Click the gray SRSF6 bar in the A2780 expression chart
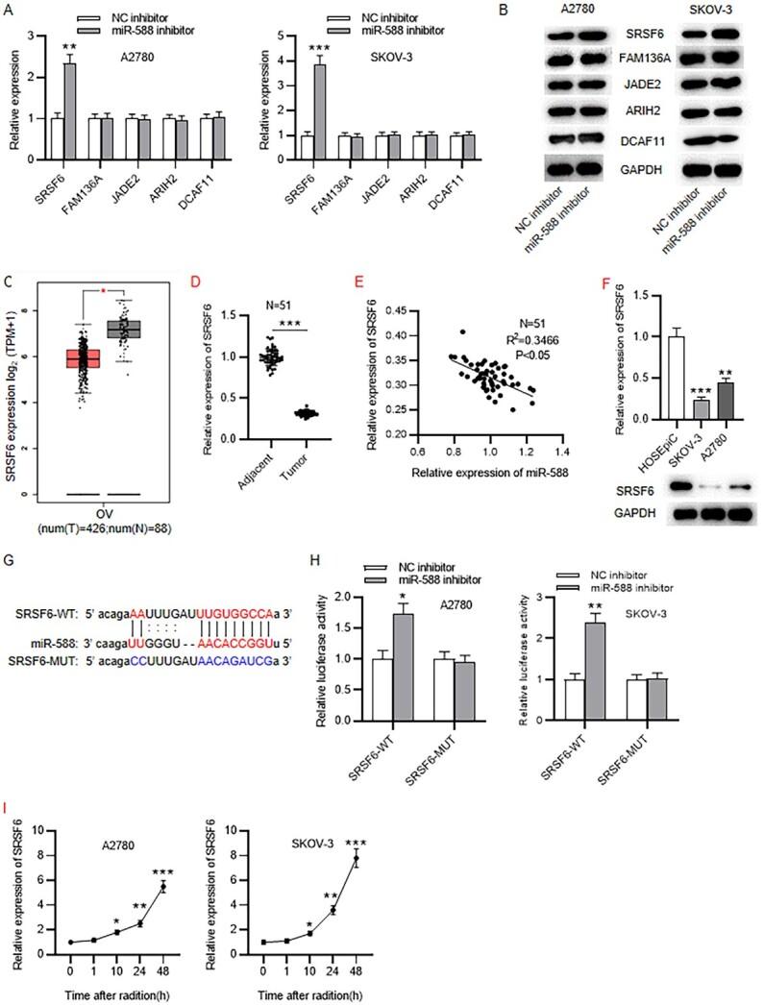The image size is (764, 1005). pyautogui.click(x=70, y=102)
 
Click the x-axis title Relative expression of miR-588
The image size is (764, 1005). pyautogui.click(x=483, y=475)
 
